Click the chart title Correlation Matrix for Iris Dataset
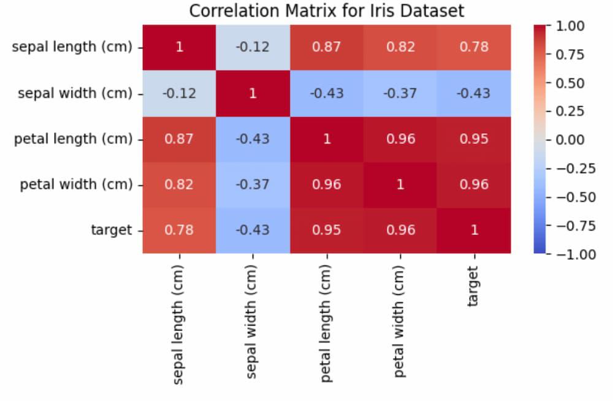[x=326, y=11]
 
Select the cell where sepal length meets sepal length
[x=179, y=47]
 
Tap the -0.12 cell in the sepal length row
[x=253, y=47]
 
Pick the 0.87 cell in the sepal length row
[x=326, y=47]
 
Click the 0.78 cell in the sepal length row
[x=474, y=47]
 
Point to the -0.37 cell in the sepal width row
[x=400, y=93]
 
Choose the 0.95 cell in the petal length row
[x=474, y=139]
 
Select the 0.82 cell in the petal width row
[x=179, y=185]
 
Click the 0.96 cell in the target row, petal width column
[x=400, y=230]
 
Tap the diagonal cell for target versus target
[x=474, y=230]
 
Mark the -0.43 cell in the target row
[x=253, y=230]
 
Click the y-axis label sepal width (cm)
[x=75, y=93]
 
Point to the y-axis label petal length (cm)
[x=73, y=139]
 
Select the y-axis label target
[x=111, y=230]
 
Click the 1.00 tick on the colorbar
[x=569, y=26]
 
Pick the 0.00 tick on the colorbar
[x=569, y=140]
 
